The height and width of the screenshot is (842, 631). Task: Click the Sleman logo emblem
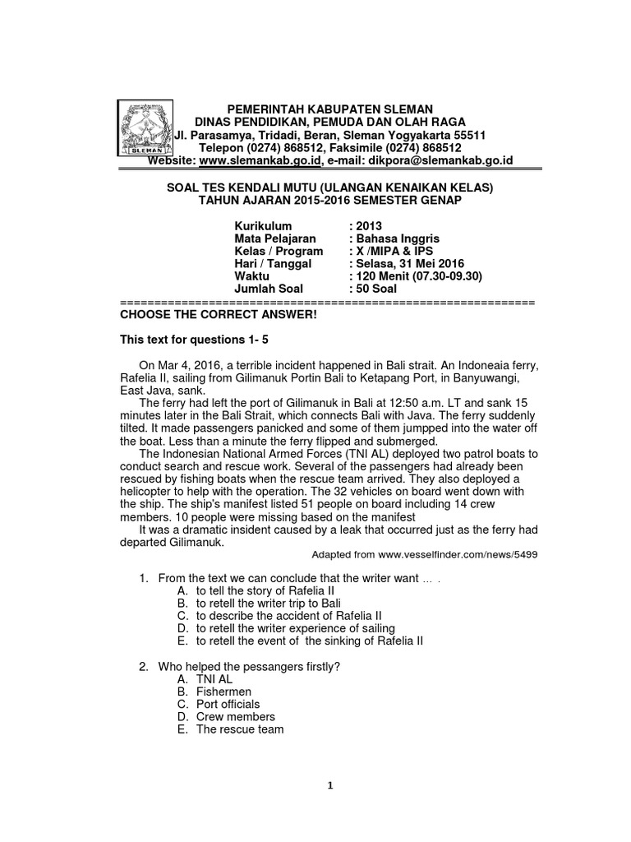click(x=145, y=130)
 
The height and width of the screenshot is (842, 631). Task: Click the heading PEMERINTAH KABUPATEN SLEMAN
click(x=329, y=109)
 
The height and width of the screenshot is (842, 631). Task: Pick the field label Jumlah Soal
click(x=269, y=289)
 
